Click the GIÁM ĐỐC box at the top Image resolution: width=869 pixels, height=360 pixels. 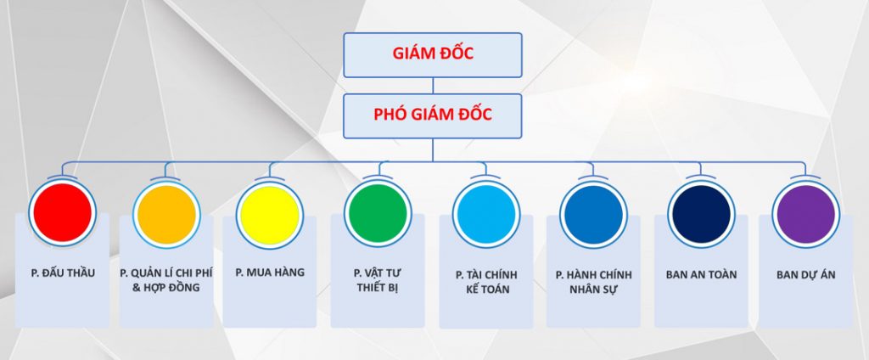point(432,55)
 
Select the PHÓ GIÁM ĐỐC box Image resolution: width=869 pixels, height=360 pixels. point(432,116)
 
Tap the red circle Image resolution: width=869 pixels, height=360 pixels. point(63,212)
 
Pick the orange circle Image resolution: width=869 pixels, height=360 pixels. point(167,215)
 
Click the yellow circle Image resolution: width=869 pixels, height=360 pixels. point(270,215)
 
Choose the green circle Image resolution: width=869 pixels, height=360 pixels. point(378,213)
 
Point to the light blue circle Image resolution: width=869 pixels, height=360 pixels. point(486,214)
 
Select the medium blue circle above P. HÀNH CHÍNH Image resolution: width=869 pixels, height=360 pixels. point(593,215)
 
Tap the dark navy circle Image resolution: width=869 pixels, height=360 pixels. point(702,214)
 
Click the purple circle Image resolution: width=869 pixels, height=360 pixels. point(806,214)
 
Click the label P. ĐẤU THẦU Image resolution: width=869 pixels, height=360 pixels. point(63,273)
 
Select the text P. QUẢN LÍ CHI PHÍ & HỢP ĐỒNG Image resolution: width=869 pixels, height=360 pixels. point(166,280)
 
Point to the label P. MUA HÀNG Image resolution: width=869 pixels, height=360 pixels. point(270,273)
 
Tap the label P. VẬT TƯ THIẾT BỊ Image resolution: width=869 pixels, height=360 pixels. point(378,281)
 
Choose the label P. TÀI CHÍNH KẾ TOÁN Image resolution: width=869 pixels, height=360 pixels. point(486,282)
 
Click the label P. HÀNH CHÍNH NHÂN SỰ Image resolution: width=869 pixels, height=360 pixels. point(593,282)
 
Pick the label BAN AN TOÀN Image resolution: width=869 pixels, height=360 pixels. point(702,274)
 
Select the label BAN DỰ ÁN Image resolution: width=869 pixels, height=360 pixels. point(806,274)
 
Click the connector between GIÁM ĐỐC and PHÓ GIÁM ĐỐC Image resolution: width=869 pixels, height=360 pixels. point(433,86)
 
